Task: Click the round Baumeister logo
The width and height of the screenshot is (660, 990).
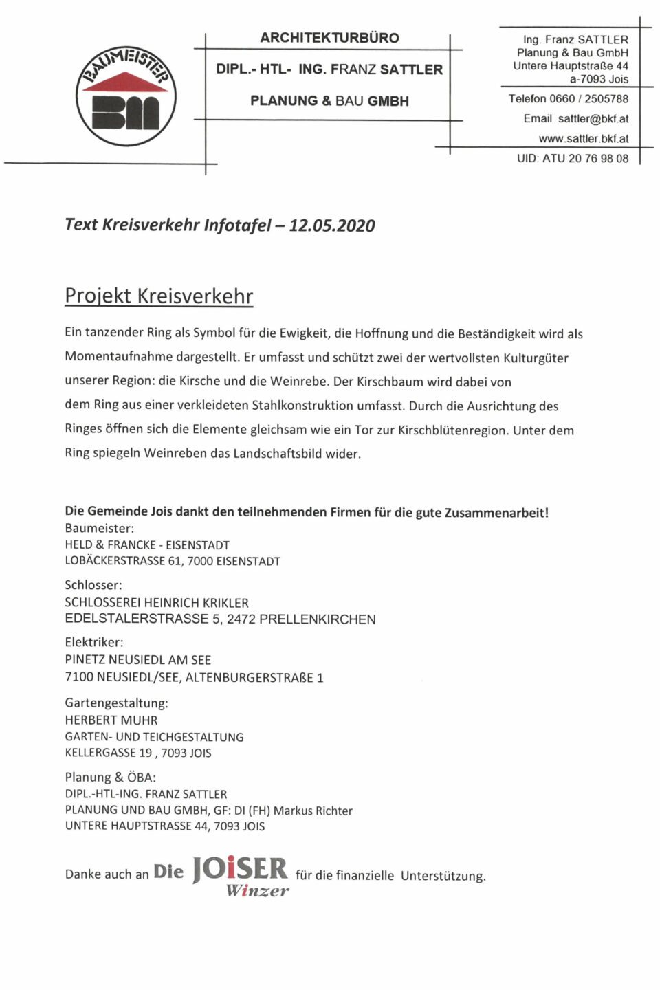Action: click(x=126, y=96)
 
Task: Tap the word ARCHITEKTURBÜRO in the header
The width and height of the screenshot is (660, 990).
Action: click(x=329, y=38)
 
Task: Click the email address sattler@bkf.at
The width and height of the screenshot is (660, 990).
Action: click(x=593, y=119)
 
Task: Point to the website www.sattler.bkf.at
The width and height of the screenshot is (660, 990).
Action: click(x=583, y=139)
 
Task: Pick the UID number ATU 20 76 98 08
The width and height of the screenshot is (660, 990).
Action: click(x=585, y=159)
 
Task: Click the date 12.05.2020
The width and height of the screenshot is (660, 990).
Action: click(x=332, y=225)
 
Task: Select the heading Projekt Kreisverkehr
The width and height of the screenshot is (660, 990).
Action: click(x=159, y=296)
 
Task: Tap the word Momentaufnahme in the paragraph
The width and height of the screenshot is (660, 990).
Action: click(x=118, y=357)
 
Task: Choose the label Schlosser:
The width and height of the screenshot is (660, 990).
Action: click(x=93, y=585)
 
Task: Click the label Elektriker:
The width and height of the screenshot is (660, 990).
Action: click(x=94, y=642)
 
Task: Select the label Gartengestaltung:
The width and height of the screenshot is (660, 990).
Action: click(x=116, y=703)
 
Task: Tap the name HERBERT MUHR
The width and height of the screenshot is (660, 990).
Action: click(x=111, y=720)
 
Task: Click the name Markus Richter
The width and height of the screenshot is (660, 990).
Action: click(x=313, y=811)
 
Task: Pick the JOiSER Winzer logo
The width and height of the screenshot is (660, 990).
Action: click(x=240, y=875)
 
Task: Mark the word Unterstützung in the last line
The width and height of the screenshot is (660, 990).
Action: click(x=443, y=876)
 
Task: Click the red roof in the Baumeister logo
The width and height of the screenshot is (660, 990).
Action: click(x=125, y=82)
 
